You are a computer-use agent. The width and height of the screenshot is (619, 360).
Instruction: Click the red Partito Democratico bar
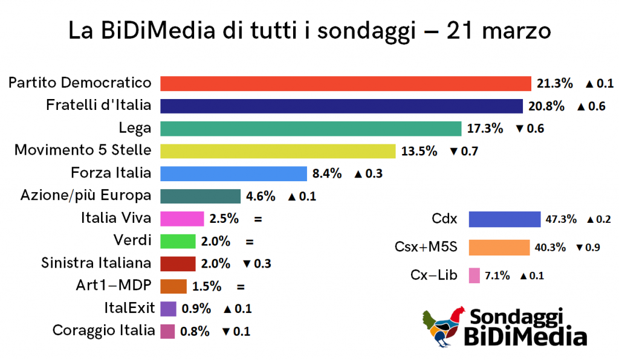coord(345,83)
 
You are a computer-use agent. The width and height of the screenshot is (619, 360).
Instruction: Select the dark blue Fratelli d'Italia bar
coord(342,106)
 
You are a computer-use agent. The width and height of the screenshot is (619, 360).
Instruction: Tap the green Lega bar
coord(311,129)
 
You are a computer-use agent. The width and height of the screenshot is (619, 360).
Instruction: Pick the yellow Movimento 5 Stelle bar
coord(278,151)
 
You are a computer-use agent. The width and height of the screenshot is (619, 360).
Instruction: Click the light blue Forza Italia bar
coord(233,173)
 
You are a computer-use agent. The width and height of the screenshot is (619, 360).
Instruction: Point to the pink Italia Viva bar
coord(182,219)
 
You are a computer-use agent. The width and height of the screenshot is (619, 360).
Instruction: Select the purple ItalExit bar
coord(168,309)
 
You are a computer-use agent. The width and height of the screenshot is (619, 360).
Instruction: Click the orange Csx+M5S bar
coord(499,247)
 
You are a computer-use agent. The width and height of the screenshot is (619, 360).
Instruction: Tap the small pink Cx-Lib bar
coord(474,275)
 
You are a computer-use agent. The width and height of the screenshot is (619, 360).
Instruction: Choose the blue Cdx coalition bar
coord(505,219)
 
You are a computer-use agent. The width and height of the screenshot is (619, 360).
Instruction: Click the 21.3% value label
coord(555,83)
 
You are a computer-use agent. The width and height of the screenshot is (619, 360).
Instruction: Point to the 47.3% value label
coord(561,219)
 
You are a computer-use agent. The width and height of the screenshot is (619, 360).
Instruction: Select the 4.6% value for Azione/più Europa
coord(261,196)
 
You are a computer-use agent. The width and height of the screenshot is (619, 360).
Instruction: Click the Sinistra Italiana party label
coord(96,263)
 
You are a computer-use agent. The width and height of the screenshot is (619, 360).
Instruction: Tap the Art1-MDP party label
coord(114,285)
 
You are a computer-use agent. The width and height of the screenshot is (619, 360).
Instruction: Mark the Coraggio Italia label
coord(103,330)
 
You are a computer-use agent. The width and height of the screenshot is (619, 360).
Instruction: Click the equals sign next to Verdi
coord(250,242)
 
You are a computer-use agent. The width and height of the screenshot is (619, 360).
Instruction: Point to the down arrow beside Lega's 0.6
coord(519,129)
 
